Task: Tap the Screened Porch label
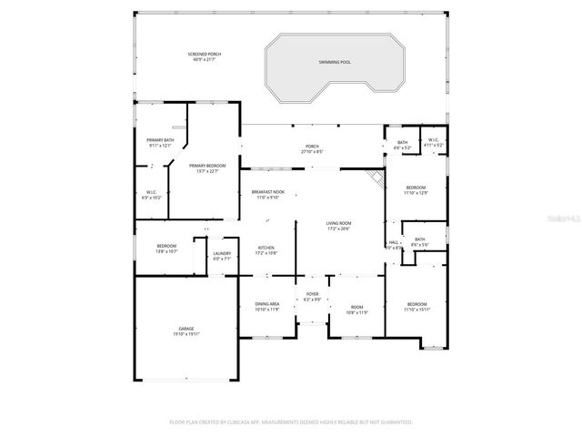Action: coord(205,54)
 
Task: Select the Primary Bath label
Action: coord(161,139)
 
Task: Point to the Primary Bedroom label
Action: coord(207,166)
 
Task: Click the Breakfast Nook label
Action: coord(268,192)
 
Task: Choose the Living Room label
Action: coord(339,223)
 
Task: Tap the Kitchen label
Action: coord(266,248)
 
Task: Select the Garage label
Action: coord(186,329)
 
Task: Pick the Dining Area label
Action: coord(267,304)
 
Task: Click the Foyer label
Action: coord(312,294)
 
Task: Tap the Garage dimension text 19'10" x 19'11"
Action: coord(186,334)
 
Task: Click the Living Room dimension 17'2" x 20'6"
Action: coord(339,229)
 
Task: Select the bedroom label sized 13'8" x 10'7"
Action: coord(166,249)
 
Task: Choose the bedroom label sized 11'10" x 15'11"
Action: coord(416,306)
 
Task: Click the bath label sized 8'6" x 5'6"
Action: coord(419,241)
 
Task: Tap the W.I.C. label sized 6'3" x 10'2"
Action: coord(153,194)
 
